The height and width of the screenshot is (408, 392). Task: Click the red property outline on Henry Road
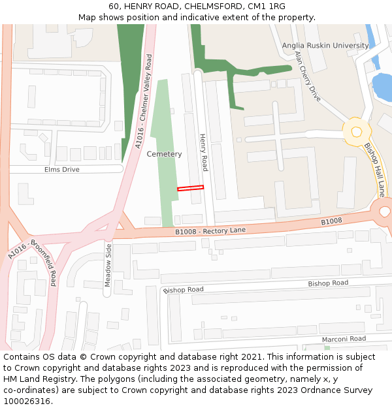(x=190, y=188)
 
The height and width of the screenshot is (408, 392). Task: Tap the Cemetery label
(x=164, y=154)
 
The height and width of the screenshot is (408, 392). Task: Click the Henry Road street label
(x=203, y=152)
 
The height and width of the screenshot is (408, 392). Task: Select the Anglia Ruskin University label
(x=325, y=46)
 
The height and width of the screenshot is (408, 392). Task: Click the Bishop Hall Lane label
(x=374, y=170)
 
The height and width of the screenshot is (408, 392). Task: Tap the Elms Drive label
(x=61, y=170)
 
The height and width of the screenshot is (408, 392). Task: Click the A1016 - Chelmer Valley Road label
(x=143, y=101)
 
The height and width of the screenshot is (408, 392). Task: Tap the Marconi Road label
(x=344, y=339)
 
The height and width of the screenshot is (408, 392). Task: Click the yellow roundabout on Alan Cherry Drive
(x=356, y=131)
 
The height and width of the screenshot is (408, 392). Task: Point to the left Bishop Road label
(x=184, y=289)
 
